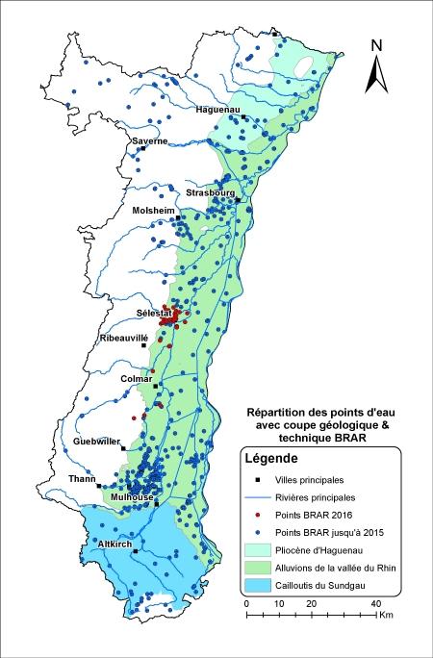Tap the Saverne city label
[149, 141]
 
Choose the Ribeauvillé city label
[125, 339]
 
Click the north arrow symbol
[378, 65]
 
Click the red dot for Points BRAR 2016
[258, 515]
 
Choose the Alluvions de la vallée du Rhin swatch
[258, 567]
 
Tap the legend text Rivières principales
[315, 497]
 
